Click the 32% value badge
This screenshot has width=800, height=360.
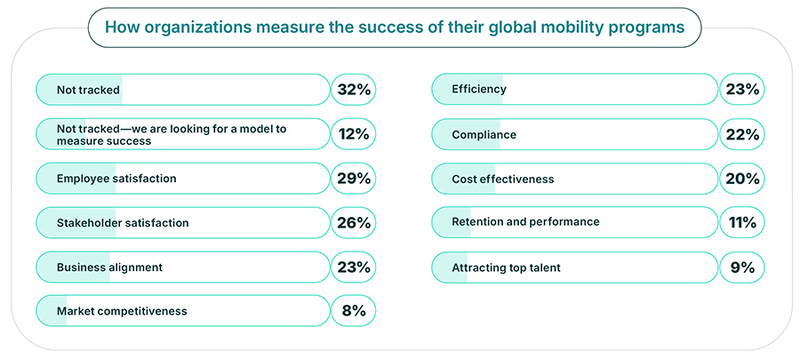353,89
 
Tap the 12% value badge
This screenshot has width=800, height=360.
353,134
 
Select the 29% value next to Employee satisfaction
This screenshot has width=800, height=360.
353,179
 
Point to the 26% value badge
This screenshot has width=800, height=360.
353,222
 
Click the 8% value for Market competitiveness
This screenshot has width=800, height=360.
353,311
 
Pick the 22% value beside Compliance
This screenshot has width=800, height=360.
740,134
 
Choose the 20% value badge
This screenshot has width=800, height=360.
740,179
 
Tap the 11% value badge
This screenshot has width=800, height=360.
740,222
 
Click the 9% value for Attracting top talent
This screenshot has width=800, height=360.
740,267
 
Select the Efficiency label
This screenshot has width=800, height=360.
478,89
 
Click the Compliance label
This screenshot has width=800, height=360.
484,134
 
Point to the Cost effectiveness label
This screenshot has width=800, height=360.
502,179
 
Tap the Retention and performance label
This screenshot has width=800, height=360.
525,221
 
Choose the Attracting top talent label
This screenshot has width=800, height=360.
506,267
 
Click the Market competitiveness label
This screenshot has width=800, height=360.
122,311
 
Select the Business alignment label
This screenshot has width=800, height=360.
109,267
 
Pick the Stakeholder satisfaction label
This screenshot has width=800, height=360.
123,222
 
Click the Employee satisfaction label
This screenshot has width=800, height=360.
116,179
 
